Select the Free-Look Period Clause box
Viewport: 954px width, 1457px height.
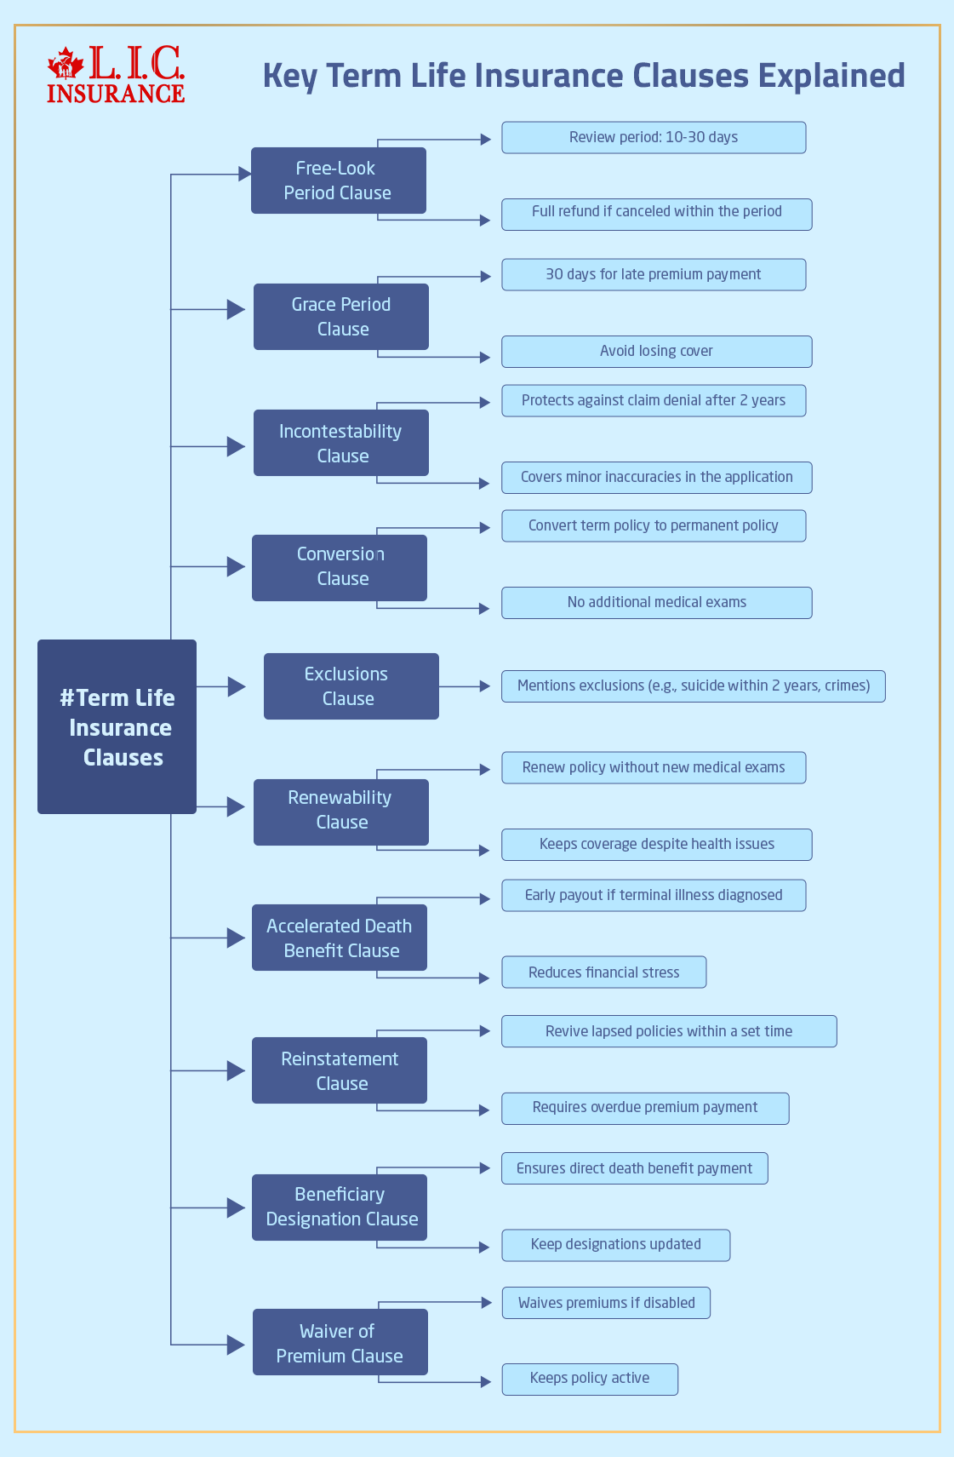point(338,181)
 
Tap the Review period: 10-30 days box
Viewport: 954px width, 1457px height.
point(653,137)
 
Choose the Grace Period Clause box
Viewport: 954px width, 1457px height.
point(340,317)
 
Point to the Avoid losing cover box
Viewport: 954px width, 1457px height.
point(656,351)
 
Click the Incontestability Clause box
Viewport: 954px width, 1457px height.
point(340,443)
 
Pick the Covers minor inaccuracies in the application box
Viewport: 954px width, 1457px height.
point(656,477)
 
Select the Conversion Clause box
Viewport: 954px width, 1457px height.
point(339,567)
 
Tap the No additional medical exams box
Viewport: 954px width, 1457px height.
point(656,602)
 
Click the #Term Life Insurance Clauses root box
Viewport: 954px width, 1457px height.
point(117,726)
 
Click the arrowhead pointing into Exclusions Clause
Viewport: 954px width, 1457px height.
point(237,686)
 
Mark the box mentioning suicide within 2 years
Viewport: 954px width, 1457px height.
point(693,685)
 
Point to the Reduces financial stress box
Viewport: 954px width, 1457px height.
point(603,972)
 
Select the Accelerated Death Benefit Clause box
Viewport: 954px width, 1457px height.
point(339,938)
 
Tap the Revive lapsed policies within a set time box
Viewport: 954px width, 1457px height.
point(669,1030)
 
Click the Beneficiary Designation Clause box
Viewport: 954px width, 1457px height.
point(339,1207)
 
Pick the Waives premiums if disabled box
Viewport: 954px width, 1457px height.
point(606,1302)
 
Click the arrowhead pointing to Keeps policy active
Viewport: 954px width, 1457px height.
point(486,1381)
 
